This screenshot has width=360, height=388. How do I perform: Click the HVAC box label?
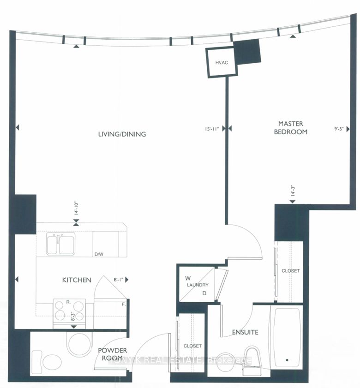coord(222,63)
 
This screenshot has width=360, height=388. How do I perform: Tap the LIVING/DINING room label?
coord(122,134)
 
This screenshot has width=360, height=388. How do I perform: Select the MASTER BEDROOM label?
coord(291,128)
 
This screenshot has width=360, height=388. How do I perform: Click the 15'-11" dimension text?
coord(212,129)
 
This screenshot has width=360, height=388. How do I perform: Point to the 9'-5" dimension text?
coord(339,129)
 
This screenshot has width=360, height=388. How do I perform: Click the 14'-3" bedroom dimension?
coord(293,191)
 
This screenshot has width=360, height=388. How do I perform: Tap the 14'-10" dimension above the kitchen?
coord(77,209)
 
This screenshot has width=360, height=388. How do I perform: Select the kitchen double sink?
coord(60,245)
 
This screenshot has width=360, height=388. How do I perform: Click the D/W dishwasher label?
coord(99,254)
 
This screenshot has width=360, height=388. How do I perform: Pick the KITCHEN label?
coord(77,280)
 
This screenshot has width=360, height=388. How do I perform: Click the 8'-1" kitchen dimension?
coord(118,280)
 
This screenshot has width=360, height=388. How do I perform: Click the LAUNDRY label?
coord(198,285)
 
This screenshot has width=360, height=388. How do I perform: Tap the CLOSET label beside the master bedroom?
coord(291,271)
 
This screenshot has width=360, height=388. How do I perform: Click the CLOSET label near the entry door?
coord(192,346)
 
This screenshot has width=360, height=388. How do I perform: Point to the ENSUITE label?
coord(245,332)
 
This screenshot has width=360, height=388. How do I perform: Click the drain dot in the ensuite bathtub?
coord(287,360)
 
